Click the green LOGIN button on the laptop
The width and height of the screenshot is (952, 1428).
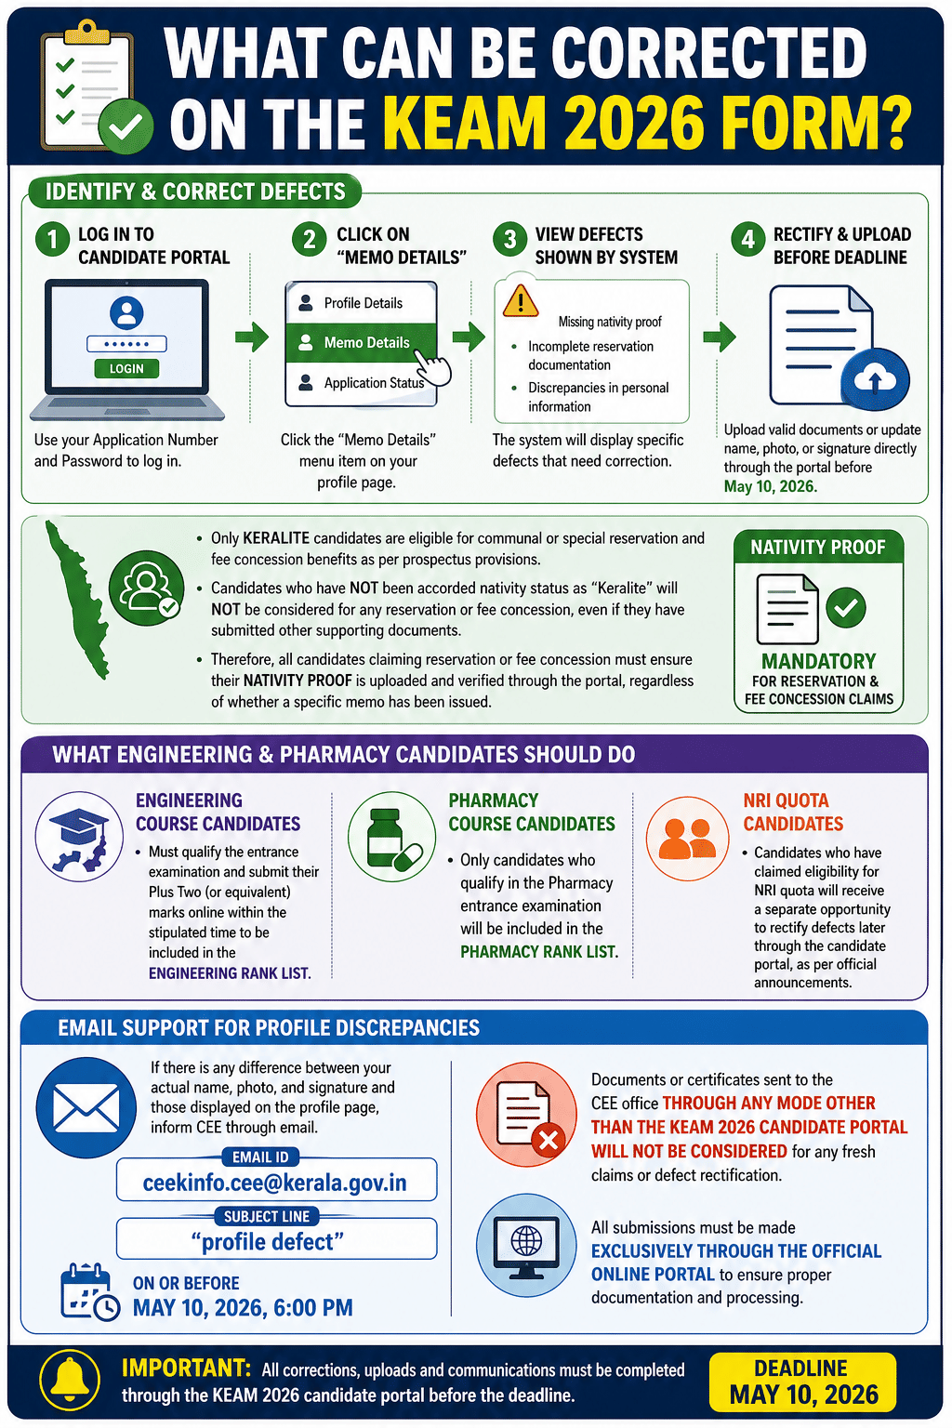click(x=126, y=368)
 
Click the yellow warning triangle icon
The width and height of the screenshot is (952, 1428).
click(x=521, y=300)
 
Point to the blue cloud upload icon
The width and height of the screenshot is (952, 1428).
click(x=874, y=379)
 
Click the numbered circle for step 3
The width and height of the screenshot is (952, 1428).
click(x=509, y=240)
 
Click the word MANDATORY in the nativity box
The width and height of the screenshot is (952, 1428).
click(x=818, y=661)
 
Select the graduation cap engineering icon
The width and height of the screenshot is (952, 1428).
click(x=79, y=837)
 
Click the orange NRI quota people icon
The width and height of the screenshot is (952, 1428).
click(x=689, y=837)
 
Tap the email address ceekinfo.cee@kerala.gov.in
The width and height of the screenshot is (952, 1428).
click(x=275, y=1183)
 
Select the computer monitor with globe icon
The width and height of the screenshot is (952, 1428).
click(x=526, y=1244)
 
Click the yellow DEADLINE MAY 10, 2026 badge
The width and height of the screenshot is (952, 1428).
click(x=802, y=1382)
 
